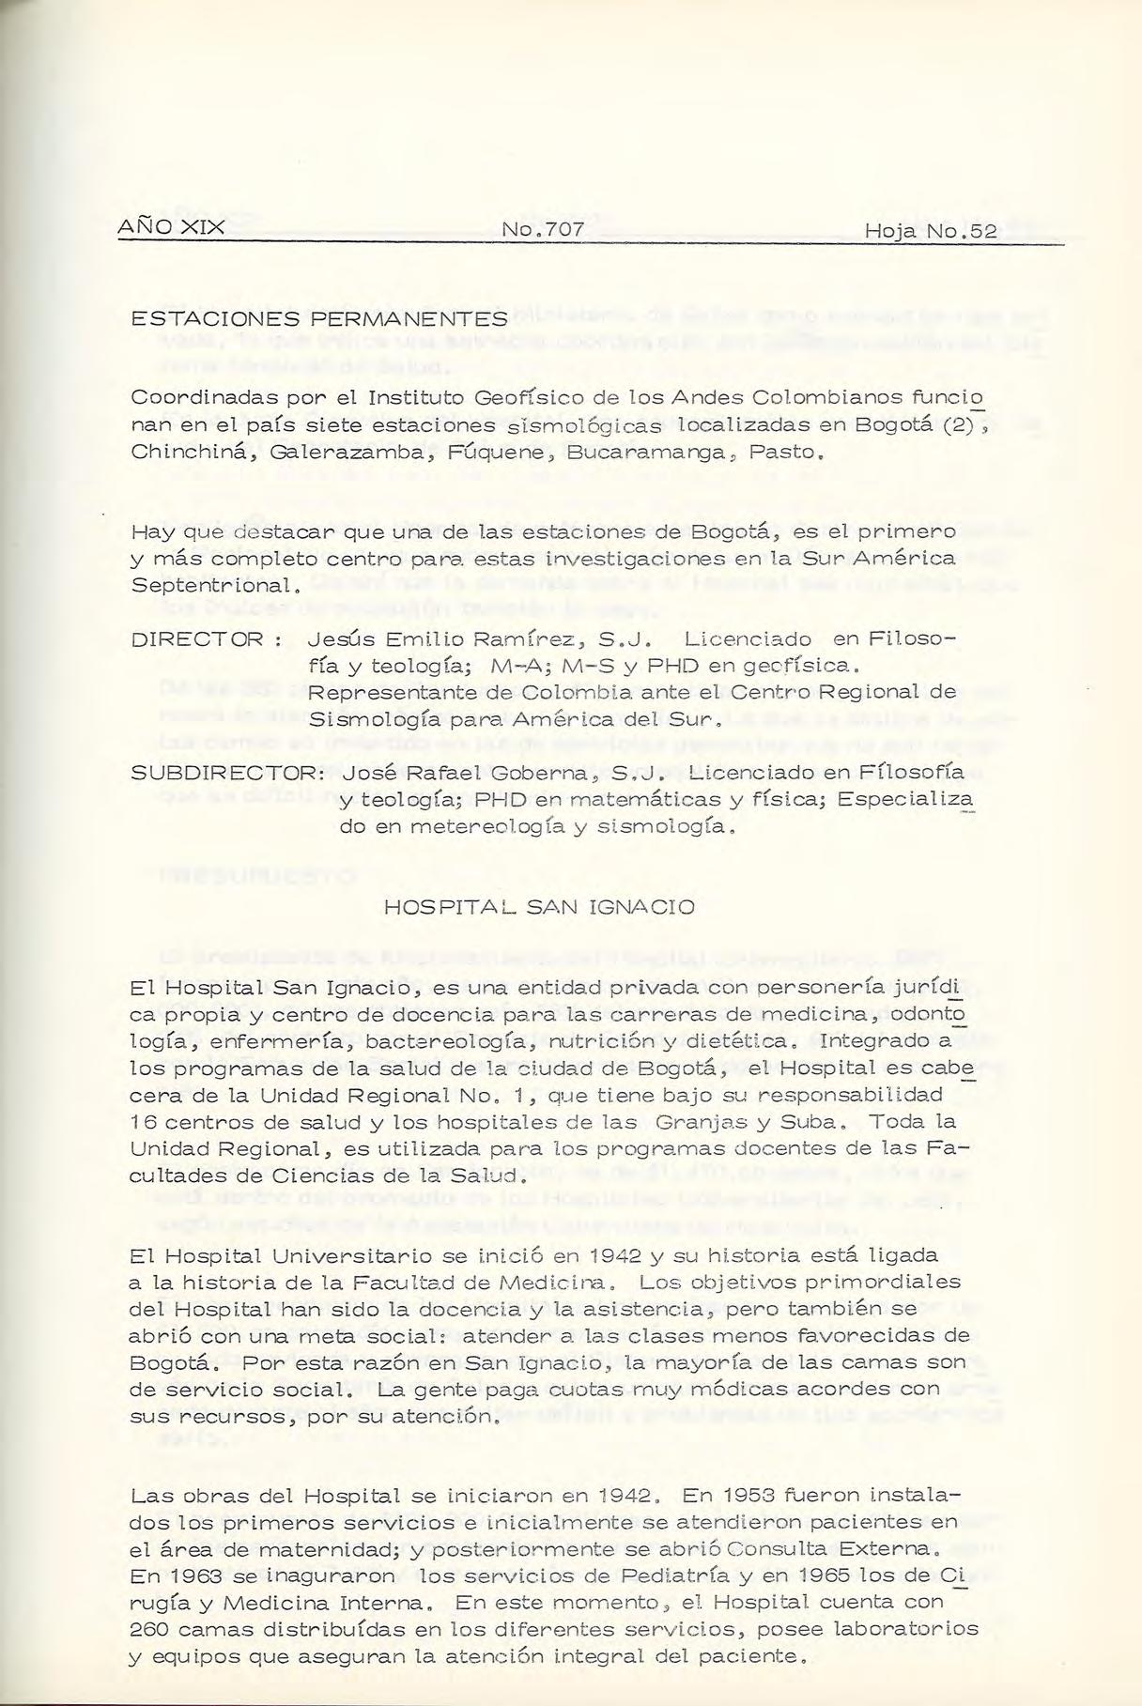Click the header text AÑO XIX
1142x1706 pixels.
click(170, 227)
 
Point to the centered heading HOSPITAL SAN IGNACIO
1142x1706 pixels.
click(540, 907)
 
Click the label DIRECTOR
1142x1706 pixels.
click(200, 639)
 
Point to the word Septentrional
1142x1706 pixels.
click(209, 584)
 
